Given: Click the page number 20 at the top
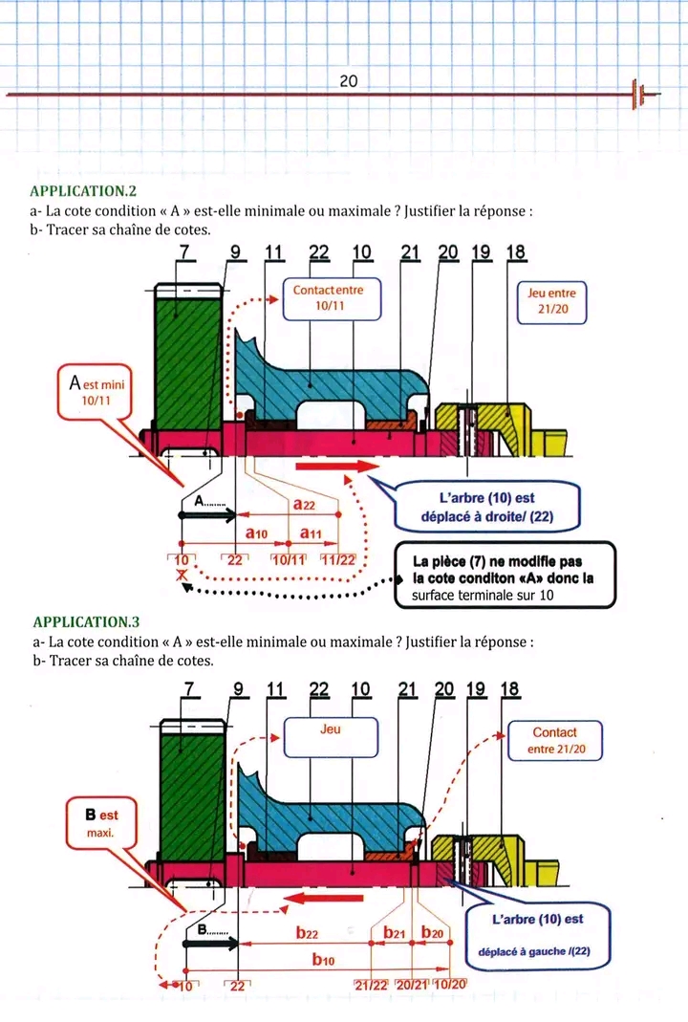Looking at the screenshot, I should point(348,82).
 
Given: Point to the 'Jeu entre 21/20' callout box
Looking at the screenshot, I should point(551,301).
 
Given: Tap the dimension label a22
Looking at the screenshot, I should point(305,504).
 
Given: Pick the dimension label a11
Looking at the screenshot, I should point(311,532).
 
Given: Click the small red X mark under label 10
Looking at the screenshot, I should point(180,576).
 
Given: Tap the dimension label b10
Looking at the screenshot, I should point(324,959).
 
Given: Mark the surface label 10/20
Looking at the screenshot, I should point(449,984).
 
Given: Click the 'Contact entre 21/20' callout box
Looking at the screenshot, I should point(554,740).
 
